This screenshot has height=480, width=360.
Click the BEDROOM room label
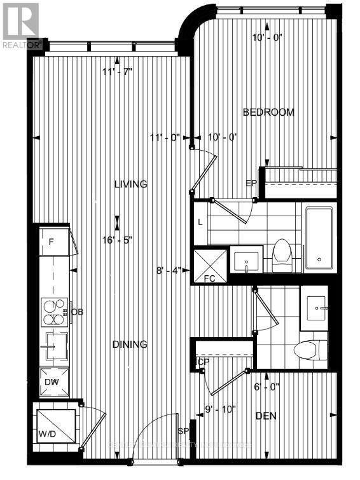tap(269, 112)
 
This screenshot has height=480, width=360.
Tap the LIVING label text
tap(130, 184)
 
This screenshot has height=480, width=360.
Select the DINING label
tap(130, 344)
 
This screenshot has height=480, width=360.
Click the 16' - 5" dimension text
tap(118, 240)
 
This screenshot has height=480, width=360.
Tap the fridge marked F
tap(53, 241)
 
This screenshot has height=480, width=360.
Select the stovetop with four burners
tap(54, 311)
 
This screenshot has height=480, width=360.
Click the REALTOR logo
tap(22, 26)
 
